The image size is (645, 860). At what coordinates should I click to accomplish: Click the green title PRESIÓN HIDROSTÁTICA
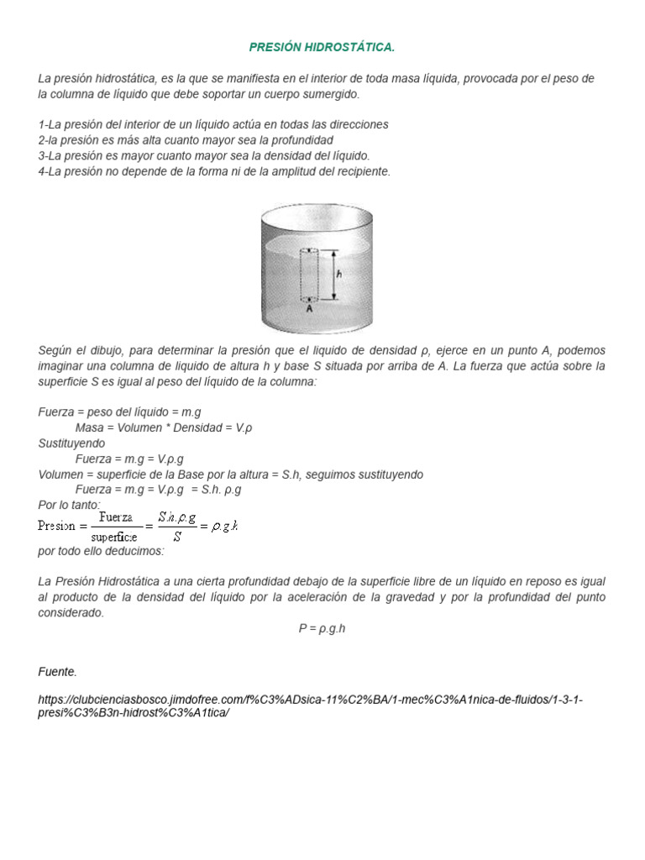click(322, 47)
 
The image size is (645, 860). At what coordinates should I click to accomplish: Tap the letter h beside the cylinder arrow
click(338, 274)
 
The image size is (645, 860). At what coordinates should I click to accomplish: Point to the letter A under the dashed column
click(309, 308)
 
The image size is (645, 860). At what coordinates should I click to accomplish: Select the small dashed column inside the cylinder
click(309, 274)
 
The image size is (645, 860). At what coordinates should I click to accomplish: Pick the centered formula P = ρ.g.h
click(322, 628)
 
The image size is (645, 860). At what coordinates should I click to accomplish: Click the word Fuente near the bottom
click(57, 671)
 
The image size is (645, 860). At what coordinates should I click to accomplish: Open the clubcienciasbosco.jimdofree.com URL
click(311, 705)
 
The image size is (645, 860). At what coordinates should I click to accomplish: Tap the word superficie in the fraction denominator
click(115, 536)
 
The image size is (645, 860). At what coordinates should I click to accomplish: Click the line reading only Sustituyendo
click(72, 443)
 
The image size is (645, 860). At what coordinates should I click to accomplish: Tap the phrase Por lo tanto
click(69, 505)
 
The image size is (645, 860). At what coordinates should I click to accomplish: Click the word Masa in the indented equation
click(90, 428)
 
